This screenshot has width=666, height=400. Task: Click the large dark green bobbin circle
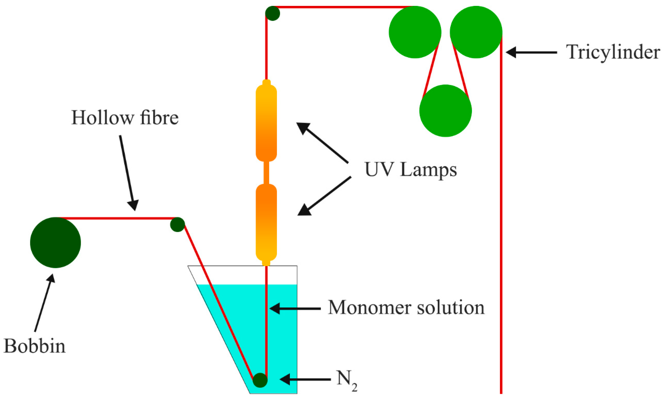click(55, 243)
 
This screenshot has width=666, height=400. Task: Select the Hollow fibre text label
click(125, 118)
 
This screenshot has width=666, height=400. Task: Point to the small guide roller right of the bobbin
click(177, 225)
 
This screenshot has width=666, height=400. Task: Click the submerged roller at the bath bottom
click(260, 380)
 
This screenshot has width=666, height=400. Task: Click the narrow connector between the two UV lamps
click(266, 173)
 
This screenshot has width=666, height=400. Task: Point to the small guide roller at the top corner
click(272, 13)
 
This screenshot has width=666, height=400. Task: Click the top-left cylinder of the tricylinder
click(415, 32)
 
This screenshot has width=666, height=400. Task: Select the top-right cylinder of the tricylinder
click(476, 32)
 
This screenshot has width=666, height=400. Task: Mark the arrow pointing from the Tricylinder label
click(531, 52)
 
